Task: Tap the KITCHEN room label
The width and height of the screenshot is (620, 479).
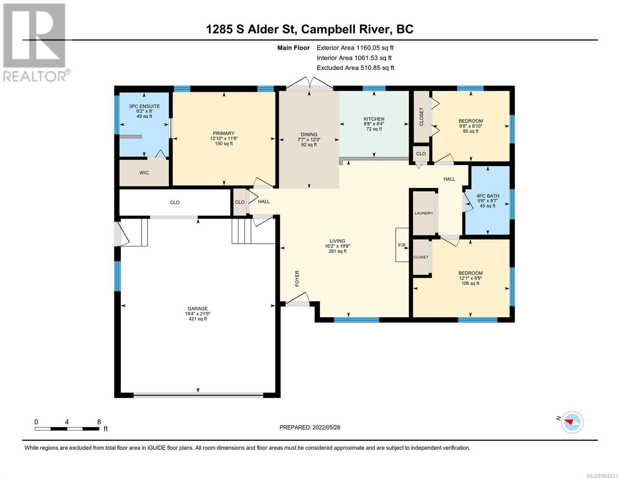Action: pos(374,119)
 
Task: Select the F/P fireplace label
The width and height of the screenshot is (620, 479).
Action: pos(402,245)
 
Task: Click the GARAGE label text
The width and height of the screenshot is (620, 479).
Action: pos(198,309)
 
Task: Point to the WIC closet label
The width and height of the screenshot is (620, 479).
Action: pos(144,173)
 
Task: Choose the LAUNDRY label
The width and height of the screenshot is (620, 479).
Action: pos(424,213)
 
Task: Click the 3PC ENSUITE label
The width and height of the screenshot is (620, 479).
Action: pos(145,106)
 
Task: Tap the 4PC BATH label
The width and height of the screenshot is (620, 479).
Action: pos(487,196)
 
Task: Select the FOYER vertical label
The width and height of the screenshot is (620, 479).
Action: pos(297,279)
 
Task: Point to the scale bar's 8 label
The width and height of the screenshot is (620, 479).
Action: pos(99,422)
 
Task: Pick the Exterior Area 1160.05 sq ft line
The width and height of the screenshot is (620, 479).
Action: pos(355,48)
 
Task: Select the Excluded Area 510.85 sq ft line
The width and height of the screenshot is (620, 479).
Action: pos(355,68)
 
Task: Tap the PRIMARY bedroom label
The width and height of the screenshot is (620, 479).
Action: pos(224,133)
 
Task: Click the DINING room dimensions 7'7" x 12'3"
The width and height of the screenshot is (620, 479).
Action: pos(309,139)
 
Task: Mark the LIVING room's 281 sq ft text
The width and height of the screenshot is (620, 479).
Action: pos(337,251)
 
